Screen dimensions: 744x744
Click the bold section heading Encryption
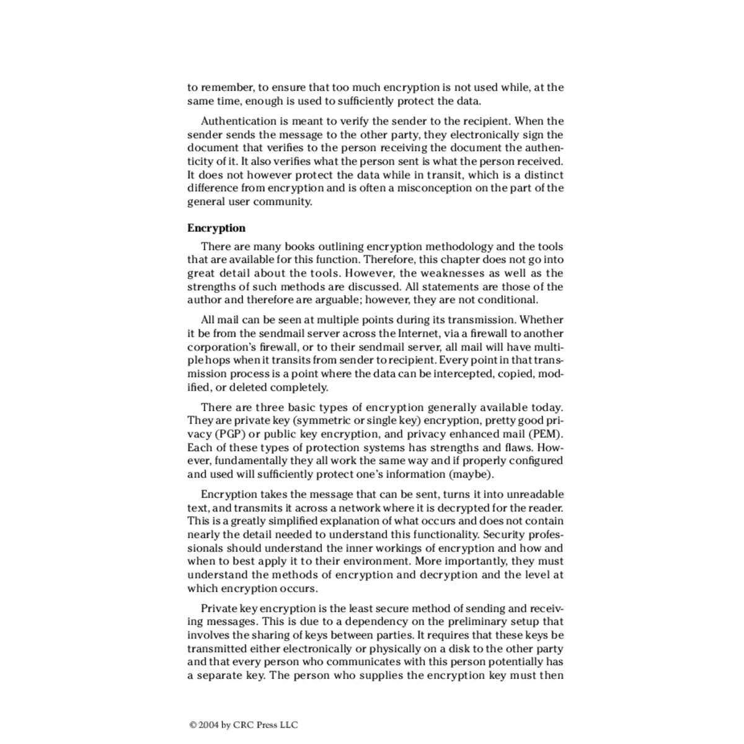pos(216,228)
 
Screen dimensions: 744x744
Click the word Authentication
pos(239,122)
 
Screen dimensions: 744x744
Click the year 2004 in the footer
pos(208,724)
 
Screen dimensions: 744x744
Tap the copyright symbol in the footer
pos(193,724)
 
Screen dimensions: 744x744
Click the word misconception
pos(434,188)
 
